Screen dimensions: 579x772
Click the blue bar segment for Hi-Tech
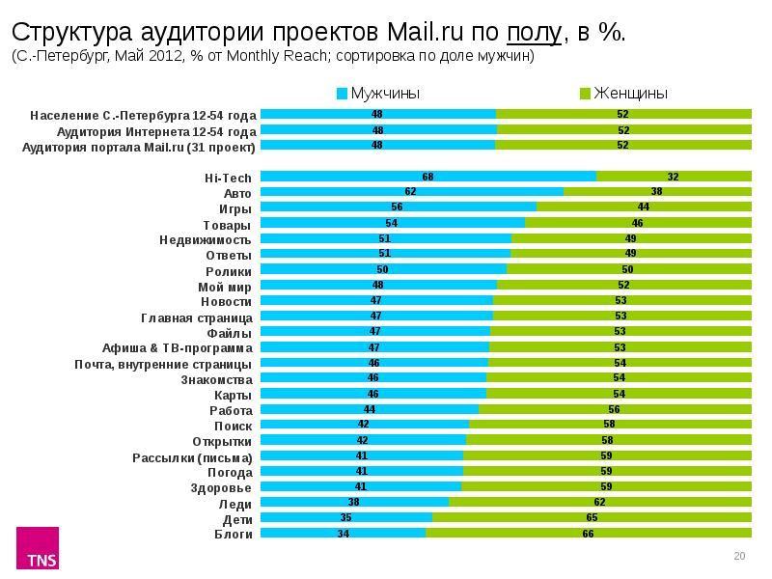pyautogui.click(x=428, y=176)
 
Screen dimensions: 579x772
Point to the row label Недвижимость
pyautogui.click(x=206, y=239)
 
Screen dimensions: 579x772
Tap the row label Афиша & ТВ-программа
pyautogui.click(x=178, y=347)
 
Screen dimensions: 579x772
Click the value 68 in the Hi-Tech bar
pyautogui.click(x=427, y=176)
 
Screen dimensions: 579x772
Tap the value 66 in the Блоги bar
pyautogui.click(x=588, y=532)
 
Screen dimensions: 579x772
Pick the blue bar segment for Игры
pyautogui.click(x=398, y=207)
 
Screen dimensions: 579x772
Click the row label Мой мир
pyautogui.click(x=225, y=287)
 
